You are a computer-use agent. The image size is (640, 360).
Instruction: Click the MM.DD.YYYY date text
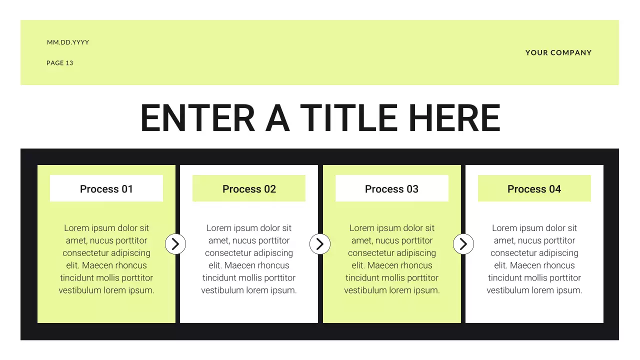click(68, 42)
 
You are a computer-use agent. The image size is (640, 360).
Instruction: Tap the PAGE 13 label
click(60, 63)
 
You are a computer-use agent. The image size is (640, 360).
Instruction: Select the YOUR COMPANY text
click(558, 52)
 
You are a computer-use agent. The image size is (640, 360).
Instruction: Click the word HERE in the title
click(454, 118)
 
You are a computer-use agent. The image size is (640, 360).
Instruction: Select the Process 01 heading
click(106, 189)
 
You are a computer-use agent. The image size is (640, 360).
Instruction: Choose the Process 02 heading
click(249, 189)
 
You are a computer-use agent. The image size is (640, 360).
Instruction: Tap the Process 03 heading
click(391, 189)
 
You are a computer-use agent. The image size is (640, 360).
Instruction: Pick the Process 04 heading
click(534, 189)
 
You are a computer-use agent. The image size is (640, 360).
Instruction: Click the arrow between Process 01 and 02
click(175, 244)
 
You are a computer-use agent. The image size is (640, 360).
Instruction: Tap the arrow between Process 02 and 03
click(320, 244)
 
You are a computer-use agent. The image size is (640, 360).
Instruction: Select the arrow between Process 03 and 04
click(463, 244)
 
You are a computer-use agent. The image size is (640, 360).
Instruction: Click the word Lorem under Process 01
click(76, 228)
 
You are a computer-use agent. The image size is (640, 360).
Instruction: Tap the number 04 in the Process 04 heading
click(554, 189)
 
